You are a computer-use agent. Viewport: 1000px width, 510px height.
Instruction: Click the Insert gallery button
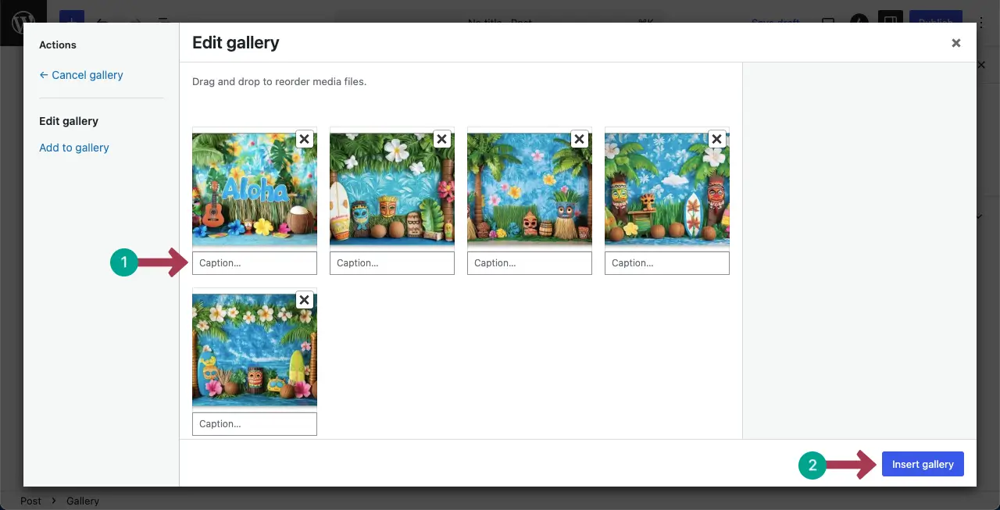pyautogui.click(x=923, y=464)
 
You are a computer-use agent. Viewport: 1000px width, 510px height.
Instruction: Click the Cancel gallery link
pyautogui.click(x=81, y=75)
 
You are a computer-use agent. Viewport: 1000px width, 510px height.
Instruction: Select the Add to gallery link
pyautogui.click(x=74, y=148)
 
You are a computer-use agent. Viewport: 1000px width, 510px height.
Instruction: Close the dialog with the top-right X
pyautogui.click(x=955, y=43)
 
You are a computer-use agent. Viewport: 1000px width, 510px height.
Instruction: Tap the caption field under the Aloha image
pyautogui.click(x=255, y=263)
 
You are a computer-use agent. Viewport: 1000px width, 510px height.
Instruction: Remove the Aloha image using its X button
pyautogui.click(x=305, y=139)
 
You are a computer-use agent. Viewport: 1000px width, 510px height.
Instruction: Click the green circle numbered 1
pyautogui.click(x=123, y=263)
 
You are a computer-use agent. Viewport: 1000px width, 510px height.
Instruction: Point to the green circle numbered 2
pyautogui.click(x=812, y=465)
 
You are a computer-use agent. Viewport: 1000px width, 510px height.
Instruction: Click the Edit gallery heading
pyautogui.click(x=236, y=43)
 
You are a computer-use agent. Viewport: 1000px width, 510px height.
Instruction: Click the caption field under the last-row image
pyautogui.click(x=255, y=424)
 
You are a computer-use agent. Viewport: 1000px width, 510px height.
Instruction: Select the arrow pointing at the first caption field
pyautogui.click(x=164, y=263)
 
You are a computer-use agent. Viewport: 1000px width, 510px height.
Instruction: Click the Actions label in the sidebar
pyautogui.click(x=58, y=45)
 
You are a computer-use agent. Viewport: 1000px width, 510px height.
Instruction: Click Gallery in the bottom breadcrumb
pyautogui.click(x=83, y=501)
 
